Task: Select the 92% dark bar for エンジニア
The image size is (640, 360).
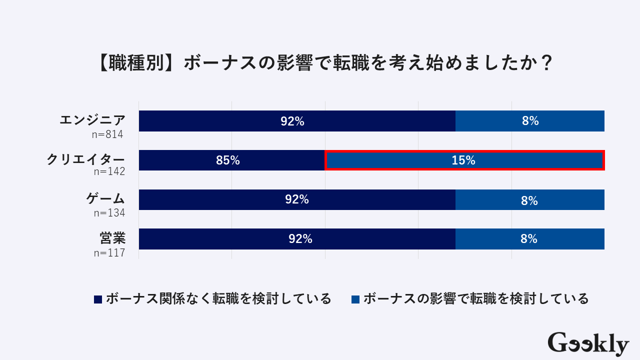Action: tap(297, 121)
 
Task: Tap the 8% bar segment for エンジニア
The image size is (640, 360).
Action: tap(530, 121)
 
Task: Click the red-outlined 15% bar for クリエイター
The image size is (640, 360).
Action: tap(464, 160)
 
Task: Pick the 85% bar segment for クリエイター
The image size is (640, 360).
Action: tap(231, 160)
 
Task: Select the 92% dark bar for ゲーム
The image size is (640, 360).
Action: tap(297, 199)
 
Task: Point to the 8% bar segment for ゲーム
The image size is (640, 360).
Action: tap(530, 200)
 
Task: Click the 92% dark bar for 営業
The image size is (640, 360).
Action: tap(297, 239)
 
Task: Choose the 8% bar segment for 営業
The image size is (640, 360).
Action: tap(530, 239)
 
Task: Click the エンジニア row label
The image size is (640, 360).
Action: tap(92, 120)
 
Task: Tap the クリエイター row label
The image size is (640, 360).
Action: tap(85, 159)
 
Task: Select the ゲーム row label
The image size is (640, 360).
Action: tap(105, 198)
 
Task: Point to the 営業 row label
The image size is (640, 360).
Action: tap(112, 238)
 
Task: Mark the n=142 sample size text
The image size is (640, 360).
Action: tap(108, 172)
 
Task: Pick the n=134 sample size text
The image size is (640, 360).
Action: tap(108, 212)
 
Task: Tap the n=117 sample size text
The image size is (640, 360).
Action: tap(108, 252)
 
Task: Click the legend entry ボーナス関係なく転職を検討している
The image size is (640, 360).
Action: tap(213, 299)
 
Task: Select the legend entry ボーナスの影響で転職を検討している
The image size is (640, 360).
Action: tap(470, 299)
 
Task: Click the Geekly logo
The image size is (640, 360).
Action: tap(588, 343)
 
